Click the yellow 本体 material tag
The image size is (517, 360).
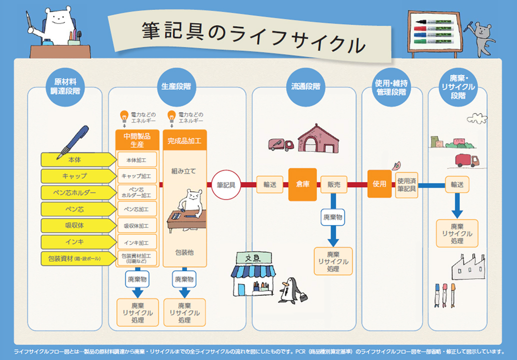click(75, 159)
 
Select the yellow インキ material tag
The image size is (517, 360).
click(75, 242)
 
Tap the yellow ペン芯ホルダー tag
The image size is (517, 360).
click(75, 192)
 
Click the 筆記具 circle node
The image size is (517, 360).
click(226, 184)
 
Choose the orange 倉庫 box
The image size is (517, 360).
click(302, 184)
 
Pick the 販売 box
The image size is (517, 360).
click(333, 184)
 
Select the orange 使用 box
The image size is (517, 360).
click(379, 184)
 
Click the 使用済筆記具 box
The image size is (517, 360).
click(406, 185)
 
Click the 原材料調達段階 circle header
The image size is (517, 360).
click(64, 86)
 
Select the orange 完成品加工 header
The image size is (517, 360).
click(184, 140)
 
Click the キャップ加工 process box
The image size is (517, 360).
click(136, 176)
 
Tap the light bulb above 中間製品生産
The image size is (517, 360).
click(123, 117)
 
